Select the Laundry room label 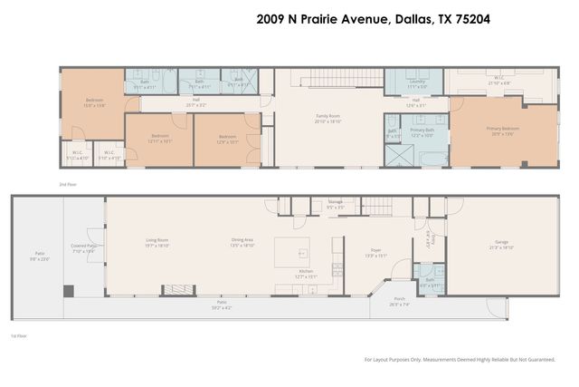pyautogui.click(x=417, y=82)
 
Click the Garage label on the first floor pyautogui.click(x=500, y=243)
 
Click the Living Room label pyautogui.click(x=157, y=241)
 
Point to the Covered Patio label pyautogui.click(x=83, y=245)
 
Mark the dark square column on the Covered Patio pyautogui.click(x=67, y=290)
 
